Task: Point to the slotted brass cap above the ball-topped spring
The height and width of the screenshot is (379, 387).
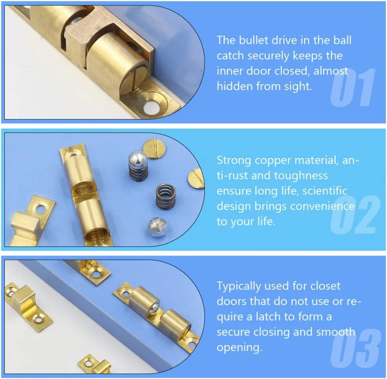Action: pyautogui.click(x=154, y=149)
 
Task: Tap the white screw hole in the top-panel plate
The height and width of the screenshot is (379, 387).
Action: pyautogui.click(x=151, y=107)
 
